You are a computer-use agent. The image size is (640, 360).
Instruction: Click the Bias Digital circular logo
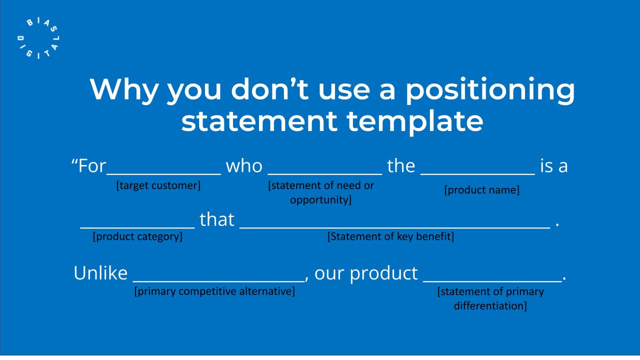coord(38,38)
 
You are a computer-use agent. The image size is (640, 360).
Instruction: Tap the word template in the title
coord(415,122)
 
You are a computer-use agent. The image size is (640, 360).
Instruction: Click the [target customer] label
coord(158,185)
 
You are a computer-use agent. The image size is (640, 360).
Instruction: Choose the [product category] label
coord(137,237)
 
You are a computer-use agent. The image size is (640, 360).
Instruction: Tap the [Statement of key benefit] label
coord(390,237)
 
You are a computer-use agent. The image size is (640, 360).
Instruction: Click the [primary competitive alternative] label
coord(214,291)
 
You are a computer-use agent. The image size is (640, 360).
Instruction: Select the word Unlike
coord(100,273)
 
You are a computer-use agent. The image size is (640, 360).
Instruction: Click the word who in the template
coord(244,166)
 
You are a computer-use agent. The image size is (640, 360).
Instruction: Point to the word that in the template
coord(217,219)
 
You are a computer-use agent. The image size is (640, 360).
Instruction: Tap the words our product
coord(366,273)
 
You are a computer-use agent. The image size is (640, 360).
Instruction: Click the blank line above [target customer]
coord(163,174)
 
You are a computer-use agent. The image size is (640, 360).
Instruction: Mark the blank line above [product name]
coord(477,174)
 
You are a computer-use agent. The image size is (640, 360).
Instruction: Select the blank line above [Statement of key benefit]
coord(395,227)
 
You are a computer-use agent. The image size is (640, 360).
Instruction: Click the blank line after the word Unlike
coord(219,281)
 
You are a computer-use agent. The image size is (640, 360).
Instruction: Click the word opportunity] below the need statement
coord(320,200)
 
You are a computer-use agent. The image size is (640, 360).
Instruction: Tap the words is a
coord(554,166)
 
